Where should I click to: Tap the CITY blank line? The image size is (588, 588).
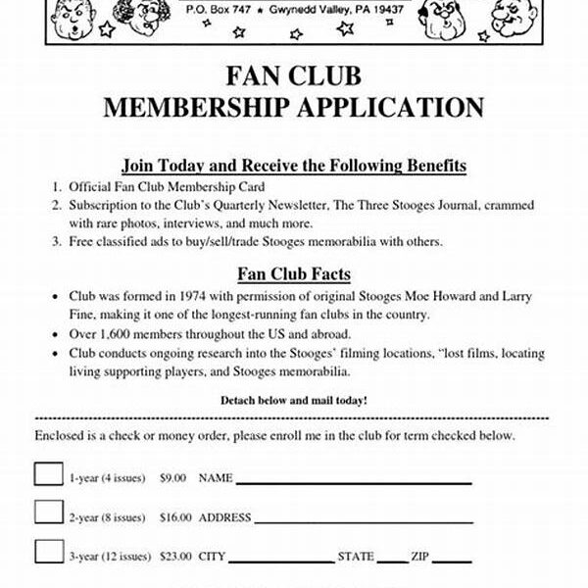point(280,559)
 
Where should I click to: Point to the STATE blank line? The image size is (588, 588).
point(393,559)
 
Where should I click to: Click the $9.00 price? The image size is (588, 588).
point(172,478)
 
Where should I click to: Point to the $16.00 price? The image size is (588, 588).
point(175,517)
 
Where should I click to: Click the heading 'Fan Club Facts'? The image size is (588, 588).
point(294,273)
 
